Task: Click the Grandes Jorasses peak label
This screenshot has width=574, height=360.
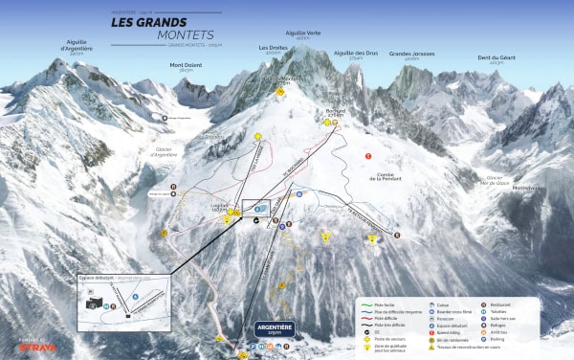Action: (x=411, y=56)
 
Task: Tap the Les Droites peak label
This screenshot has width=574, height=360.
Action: (x=272, y=47)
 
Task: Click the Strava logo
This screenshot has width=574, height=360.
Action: (x=38, y=347)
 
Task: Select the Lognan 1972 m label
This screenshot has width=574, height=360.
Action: (x=219, y=205)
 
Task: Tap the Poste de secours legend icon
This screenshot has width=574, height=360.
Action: (x=368, y=337)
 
